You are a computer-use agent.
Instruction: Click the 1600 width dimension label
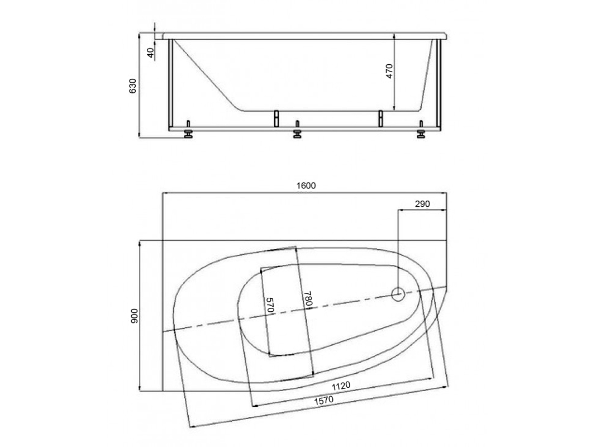point(306,186)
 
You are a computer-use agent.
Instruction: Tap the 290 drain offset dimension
point(422,204)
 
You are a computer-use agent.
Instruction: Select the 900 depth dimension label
point(134,316)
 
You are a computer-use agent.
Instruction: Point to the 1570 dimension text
point(323,401)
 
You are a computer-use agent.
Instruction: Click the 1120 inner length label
point(341,386)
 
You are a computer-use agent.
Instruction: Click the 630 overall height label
point(132,86)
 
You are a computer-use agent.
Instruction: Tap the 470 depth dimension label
point(389,71)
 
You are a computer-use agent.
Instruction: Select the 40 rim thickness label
point(151,53)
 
